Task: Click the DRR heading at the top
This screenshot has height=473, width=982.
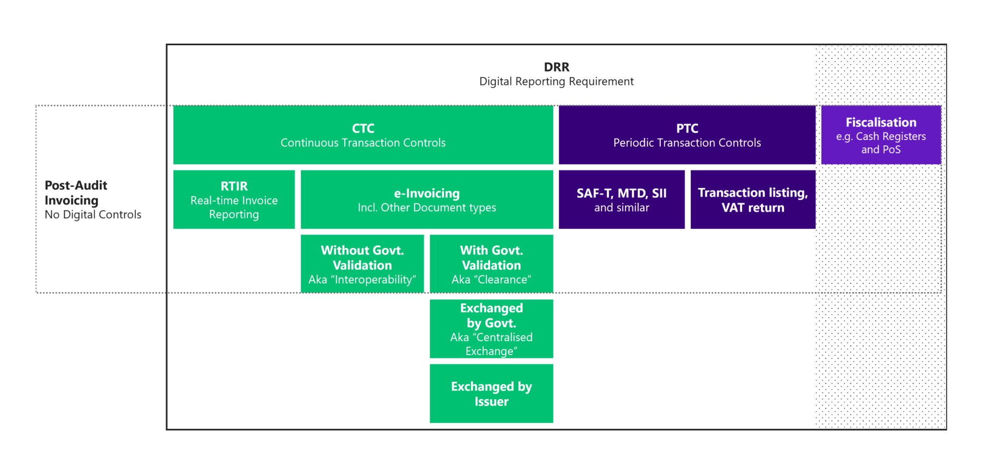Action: (x=556, y=67)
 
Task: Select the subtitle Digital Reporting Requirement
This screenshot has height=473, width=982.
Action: (x=556, y=82)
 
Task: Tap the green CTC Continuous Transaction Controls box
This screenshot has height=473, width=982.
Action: (x=363, y=135)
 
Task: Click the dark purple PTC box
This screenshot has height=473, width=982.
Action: (x=687, y=135)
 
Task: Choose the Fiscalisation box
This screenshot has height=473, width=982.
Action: (x=881, y=135)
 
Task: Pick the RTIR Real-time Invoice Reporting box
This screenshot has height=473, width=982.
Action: (x=234, y=200)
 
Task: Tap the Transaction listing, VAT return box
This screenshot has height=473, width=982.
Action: (x=753, y=200)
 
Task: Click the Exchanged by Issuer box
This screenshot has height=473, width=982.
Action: (x=491, y=393)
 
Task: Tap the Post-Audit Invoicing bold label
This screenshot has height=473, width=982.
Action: (x=76, y=193)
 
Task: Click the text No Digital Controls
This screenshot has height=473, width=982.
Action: (x=93, y=215)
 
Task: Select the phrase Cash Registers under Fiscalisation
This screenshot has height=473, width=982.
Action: (x=891, y=137)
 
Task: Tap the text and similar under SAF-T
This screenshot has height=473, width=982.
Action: (x=621, y=208)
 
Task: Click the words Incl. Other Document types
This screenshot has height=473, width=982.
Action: (x=427, y=208)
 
